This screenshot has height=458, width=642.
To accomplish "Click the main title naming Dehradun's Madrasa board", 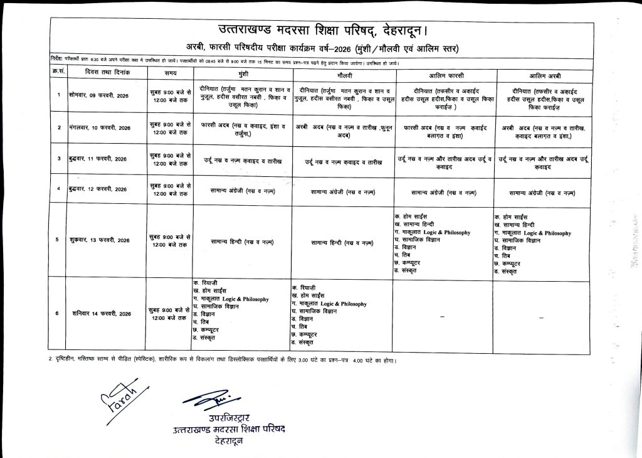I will tap(323, 29).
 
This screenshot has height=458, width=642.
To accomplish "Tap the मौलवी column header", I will tap(342, 74).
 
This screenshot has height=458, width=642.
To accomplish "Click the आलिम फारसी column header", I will tap(441, 74).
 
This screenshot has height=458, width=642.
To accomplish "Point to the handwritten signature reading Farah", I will tap(113, 400).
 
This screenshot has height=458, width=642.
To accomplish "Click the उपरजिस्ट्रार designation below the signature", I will tap(229, 418).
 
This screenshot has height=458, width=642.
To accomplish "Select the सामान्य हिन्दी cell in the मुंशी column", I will tap(242, 240).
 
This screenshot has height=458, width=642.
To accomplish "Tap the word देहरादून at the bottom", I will tap(229, 441).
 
